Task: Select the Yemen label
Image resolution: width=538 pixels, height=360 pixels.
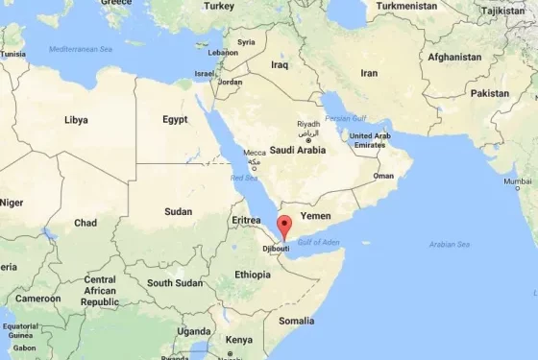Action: (x=317, y=217)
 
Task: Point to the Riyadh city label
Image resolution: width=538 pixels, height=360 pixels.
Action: (x=308, y=125)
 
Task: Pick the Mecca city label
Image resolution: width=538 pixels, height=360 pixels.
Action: (x=255, y=153)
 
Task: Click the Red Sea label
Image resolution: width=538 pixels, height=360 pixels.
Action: (x=244, y=177)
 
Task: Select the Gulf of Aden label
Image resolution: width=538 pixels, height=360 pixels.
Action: (x=319, y=241)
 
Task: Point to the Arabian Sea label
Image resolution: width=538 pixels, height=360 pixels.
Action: (x=450, y=244)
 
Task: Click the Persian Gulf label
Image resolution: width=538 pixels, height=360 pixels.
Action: (x=346, y=118)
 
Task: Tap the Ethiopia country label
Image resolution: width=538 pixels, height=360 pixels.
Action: (x=253, y=275)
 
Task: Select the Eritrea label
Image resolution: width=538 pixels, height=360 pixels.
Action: (x=246, y=220)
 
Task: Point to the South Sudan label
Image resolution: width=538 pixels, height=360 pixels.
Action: (x=174, y=283)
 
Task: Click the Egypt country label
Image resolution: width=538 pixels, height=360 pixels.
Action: (x=175, y=120)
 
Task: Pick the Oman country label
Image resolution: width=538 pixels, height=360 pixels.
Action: (x=383, y=176)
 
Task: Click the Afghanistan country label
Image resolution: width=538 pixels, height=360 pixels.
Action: (x=453, y=57)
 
